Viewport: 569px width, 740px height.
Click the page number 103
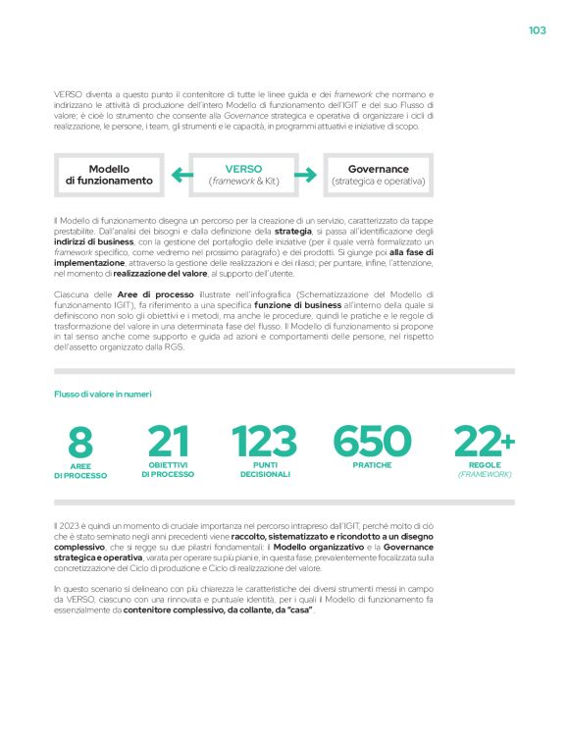point(537,30)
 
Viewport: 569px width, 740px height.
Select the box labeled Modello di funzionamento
point(109,176)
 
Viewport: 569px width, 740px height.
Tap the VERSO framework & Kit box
point(243,176)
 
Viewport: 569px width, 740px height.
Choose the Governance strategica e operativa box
point(379,176)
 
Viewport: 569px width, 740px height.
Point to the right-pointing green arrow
point(306,176)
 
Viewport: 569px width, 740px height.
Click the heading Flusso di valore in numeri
point(102,394)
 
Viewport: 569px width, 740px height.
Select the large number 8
point(81,442)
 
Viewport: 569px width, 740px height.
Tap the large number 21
point(168,441)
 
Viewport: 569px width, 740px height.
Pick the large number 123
point(265,441)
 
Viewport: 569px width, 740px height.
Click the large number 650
point(372,441)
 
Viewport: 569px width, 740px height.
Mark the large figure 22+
point(484,441)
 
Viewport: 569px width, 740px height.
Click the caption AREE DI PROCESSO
point(80,471)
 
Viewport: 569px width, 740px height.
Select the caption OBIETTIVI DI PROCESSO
point(168,469)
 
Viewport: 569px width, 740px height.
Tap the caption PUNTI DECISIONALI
point(265,469)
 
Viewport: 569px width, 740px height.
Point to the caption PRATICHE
point(372,464)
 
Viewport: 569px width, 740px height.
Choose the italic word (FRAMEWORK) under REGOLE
point(485,474)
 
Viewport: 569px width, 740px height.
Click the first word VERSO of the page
point(69,93)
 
